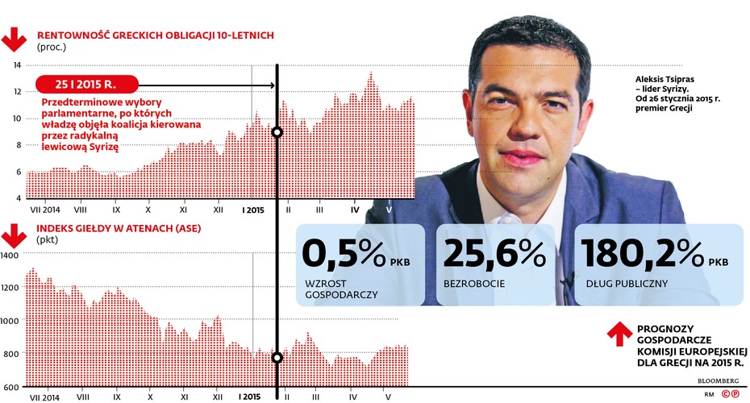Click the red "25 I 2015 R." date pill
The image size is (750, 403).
click(x=88, y=84)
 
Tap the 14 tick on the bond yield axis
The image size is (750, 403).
click(x=16, y=65)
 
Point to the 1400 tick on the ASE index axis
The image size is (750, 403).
click(x=9, y=256)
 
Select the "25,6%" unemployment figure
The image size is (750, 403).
click(x=494, y=255)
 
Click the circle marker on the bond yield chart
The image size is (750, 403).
click(x=277, y=132)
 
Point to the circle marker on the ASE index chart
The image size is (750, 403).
click(x=277, y=358)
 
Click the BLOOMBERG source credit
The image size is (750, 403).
click(x=718, y=380)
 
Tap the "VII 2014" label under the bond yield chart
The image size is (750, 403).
click(x=47, y=210)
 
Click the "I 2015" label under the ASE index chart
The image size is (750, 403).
click(x=250, y=397)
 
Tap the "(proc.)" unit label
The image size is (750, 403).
click(x=52, y=47)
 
